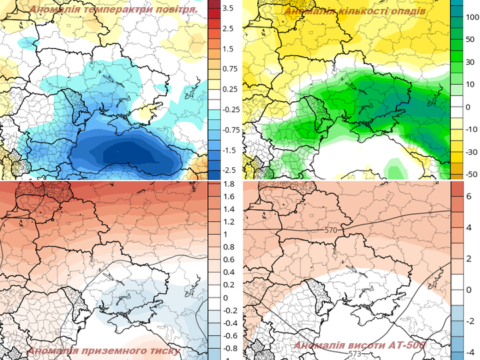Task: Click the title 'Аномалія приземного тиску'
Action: click(104, 351)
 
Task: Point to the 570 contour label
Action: click(331, 230)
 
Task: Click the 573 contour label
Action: click(354, 353)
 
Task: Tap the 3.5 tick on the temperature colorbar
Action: click(227, 8)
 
